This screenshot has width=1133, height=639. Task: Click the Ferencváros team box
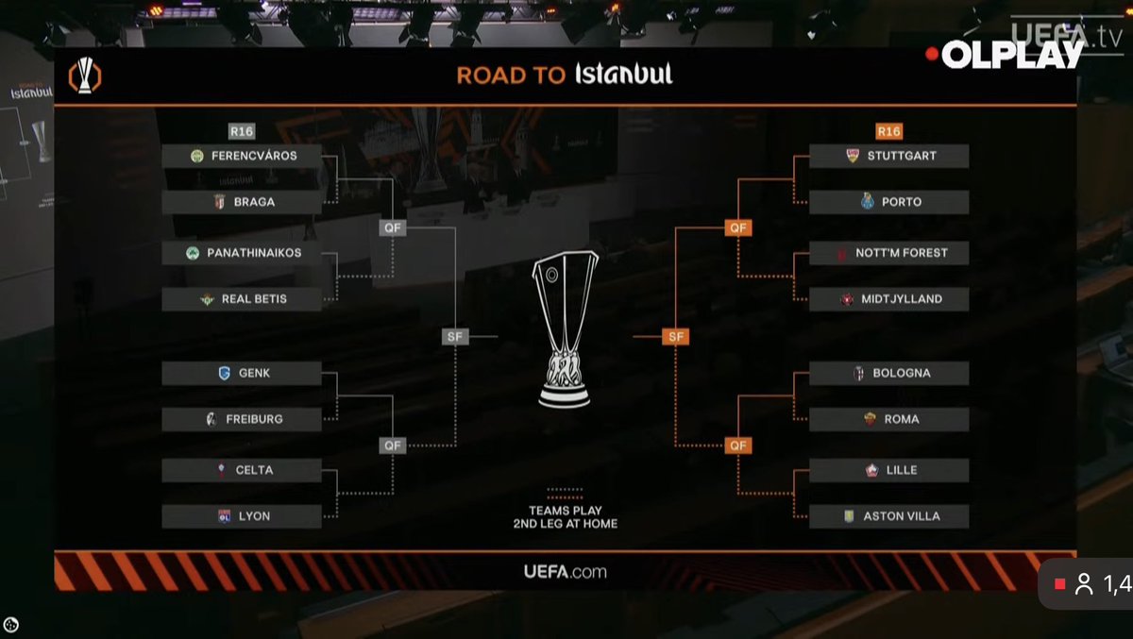(242, 156)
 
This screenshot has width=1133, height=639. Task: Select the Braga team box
(242, 202)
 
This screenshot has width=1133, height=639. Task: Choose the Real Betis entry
(242, 299)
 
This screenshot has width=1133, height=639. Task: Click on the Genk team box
(242, 373)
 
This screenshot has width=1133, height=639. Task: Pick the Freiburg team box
(242, 419)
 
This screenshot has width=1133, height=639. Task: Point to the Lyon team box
(242, 516)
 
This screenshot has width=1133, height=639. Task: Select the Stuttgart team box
(888, 156)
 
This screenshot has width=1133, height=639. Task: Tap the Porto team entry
(888, 202)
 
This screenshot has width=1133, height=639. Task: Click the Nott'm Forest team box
(888, 253)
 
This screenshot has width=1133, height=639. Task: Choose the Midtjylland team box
(888, 299)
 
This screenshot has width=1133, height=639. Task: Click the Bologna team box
(888, 373)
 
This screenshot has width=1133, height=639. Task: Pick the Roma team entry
(888, 419)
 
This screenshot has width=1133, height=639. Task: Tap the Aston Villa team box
(888, 516)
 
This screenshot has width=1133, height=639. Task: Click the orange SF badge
(675, 336)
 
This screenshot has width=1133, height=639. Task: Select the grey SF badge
(455, 336)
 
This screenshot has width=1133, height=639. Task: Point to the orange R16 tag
(888, 131)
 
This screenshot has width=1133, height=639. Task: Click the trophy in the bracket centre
(565, 330)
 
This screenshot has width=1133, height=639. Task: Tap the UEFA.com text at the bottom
(565, 571)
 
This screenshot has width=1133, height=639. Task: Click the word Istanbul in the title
(624, 75)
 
